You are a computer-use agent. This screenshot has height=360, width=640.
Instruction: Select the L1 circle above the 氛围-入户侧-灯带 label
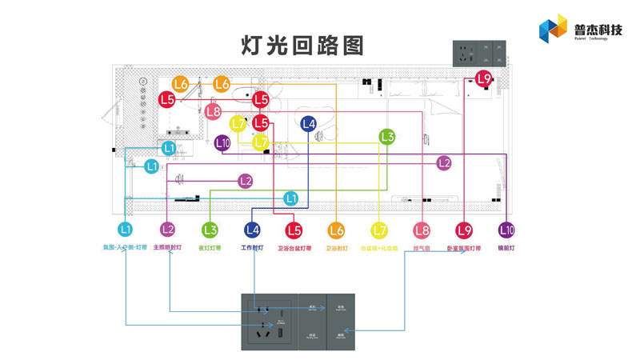pos(125,230)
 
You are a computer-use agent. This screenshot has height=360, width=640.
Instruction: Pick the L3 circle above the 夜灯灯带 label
pos(210,230)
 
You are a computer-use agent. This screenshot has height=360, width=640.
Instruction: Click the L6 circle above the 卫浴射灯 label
pos(336,230)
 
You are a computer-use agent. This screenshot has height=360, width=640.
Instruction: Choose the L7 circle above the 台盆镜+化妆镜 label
pos(379,230)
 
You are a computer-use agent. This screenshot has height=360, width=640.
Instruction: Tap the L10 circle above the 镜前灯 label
pos(506,230)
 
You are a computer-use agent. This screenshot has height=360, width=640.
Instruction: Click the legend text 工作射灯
pos(253,248)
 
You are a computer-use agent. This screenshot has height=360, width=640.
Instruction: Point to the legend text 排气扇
pos(422,248)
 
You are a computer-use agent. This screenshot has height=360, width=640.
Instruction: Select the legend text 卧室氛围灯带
pos(464,248)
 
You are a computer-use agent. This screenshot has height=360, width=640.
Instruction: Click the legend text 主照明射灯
pos(167,248)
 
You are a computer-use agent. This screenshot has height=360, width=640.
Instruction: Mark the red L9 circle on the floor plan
pos(483,78)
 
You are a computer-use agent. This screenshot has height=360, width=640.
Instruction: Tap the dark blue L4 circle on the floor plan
pos(309,123)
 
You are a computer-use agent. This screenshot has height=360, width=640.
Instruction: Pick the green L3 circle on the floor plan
pos(387,137)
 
